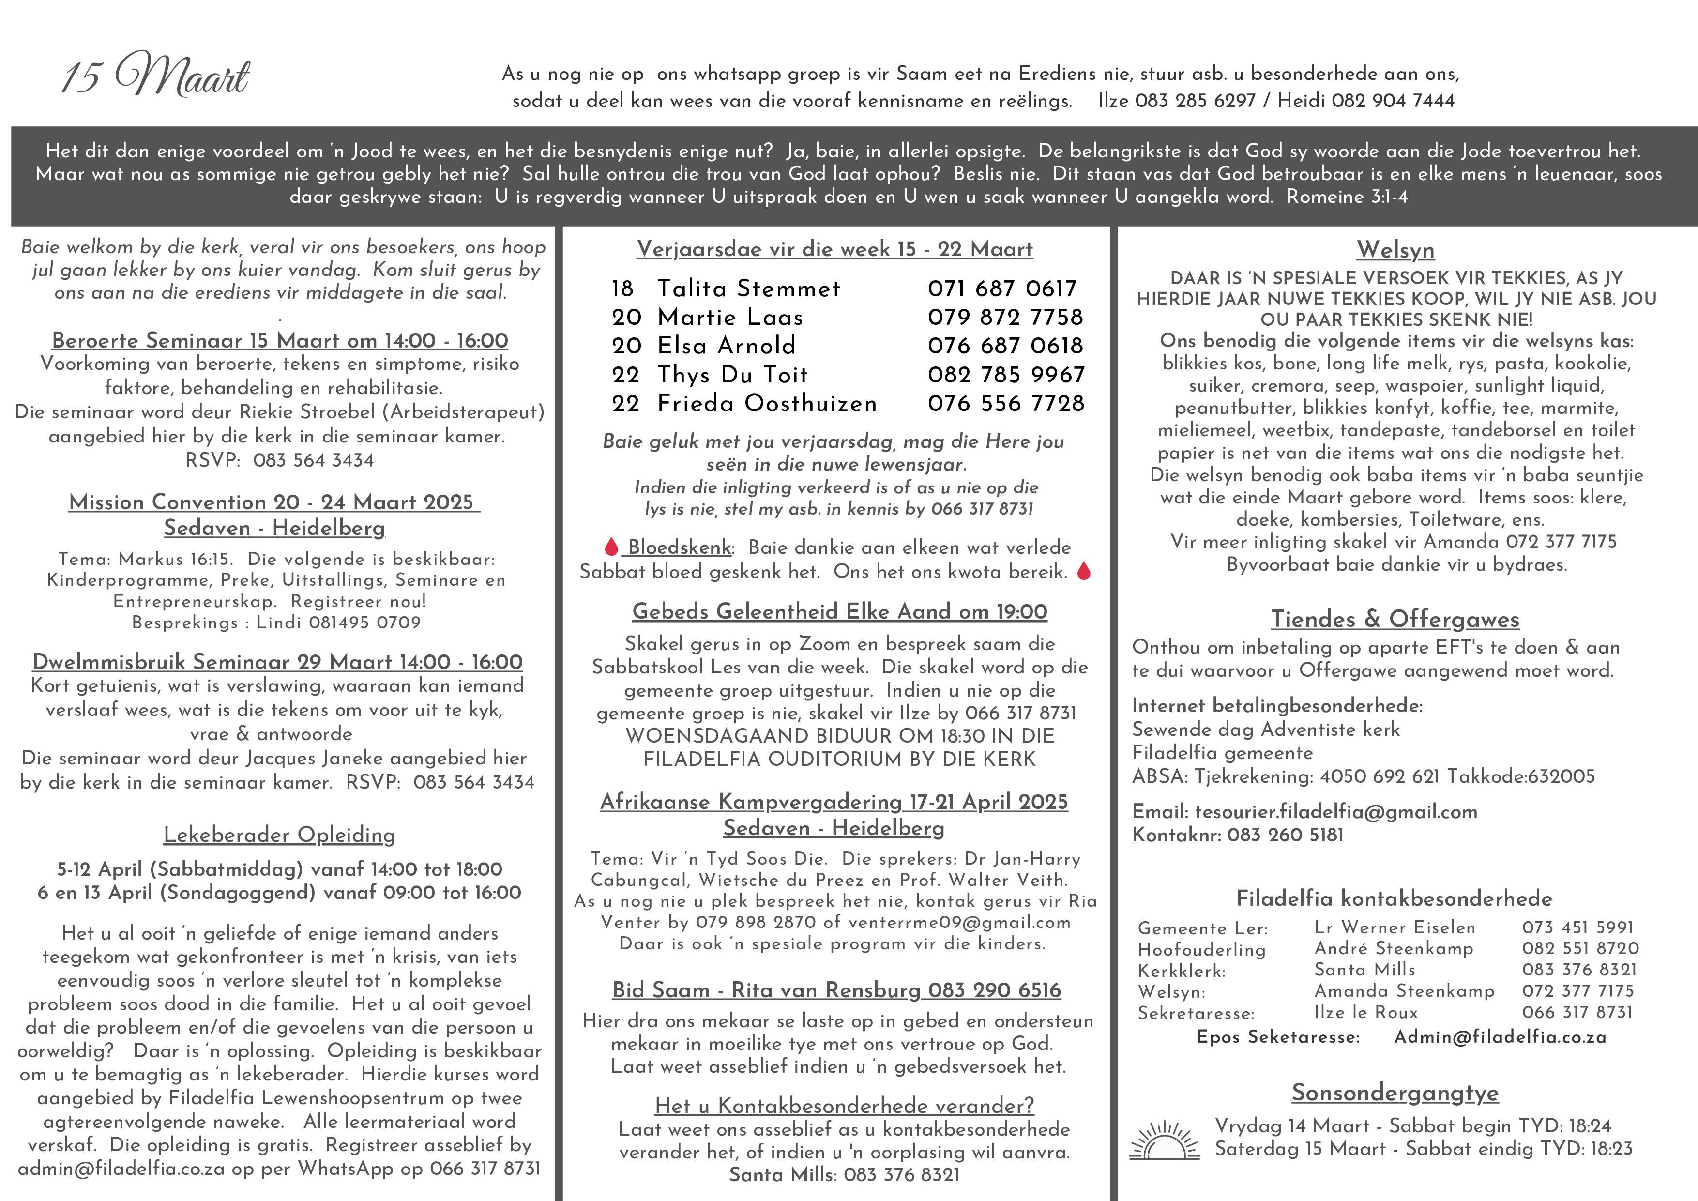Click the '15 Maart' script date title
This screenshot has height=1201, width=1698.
click(155, 76)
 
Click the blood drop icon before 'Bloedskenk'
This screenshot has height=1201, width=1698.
click(611, 547)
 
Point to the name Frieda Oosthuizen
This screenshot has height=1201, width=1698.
click(767, 404)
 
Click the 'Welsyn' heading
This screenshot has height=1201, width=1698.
click(1395, 250)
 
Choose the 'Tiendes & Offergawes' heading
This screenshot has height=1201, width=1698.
click(1395, 619)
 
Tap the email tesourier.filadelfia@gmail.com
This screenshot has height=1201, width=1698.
click(1335, 811)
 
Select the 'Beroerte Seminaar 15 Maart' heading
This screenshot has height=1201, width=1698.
click(280, 340)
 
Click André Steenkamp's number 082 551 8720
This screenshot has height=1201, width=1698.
click(1580, 949)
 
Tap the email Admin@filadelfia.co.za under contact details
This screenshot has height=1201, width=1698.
click(1500, 1037)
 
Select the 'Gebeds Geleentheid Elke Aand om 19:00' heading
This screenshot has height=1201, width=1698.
click(839, 611)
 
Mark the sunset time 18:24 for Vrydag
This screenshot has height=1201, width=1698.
click(1589, 1125)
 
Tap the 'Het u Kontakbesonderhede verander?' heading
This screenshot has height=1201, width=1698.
click(844, 1106)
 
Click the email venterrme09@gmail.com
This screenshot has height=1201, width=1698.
click(959, 922)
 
